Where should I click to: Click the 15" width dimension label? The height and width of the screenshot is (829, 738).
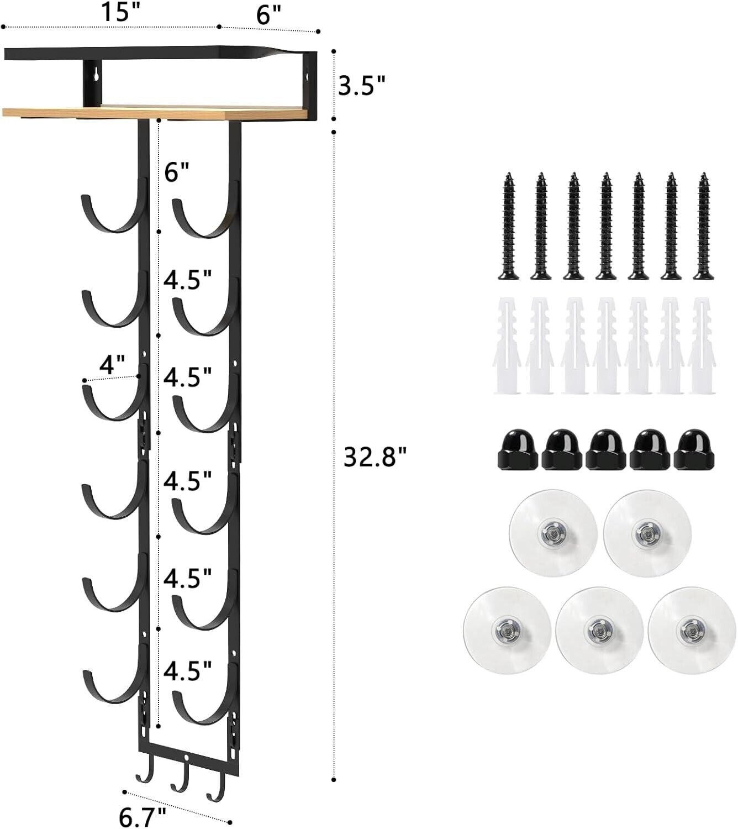click(x=120, y=12)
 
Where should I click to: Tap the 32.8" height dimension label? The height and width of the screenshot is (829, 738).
click(x=375, y=457)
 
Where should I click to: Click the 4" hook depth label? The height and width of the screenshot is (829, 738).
click(x=112, y=364)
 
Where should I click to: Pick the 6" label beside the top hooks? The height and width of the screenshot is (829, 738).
click(x=177, y=172)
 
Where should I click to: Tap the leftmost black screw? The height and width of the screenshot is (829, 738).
click(x=509, y=226)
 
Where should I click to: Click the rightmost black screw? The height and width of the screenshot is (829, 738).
click(x=704, y=226)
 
